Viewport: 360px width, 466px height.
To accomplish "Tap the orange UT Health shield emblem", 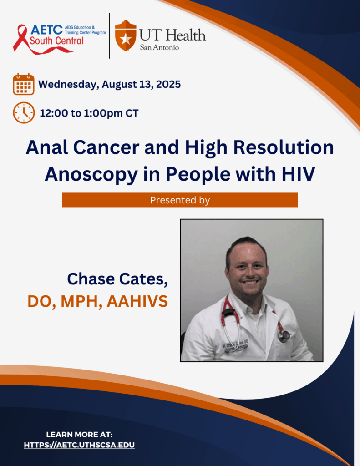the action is tap(126, 35).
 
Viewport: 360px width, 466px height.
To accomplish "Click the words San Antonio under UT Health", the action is tap(159, 47).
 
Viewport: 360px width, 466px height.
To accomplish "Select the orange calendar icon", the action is tap(24, 84).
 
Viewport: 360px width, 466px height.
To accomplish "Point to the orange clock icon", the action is tap(24, 113).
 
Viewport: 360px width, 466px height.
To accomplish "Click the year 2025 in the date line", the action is tap(168, 84).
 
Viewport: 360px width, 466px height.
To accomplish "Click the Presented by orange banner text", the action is tap(180, 200).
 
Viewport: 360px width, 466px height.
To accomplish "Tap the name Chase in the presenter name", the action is tap(91, 279).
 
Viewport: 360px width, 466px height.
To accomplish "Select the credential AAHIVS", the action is tap(137, 301).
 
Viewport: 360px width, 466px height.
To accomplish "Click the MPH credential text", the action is tap(79, 301).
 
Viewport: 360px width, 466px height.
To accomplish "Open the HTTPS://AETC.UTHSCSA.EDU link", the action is tap(79, 445).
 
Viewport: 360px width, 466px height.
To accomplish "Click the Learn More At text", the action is tap(79, 435).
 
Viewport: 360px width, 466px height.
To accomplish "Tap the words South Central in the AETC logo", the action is tap(57, 41).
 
